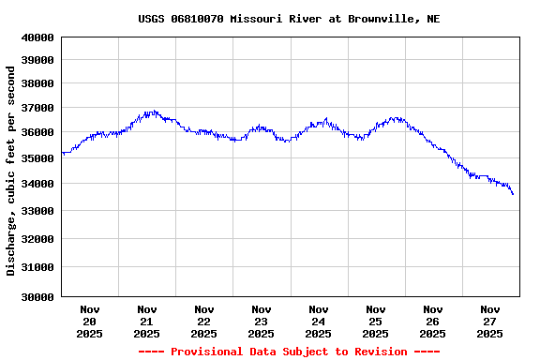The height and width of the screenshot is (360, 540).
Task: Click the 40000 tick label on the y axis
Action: tap(37, 37)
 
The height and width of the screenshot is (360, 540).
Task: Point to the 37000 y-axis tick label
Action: tap(37, 108)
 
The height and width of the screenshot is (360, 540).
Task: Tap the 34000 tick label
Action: tap(37, 184)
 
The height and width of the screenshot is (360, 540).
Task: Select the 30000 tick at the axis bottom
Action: tap(37, 297)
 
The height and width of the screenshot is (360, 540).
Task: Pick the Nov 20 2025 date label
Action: tap(90, 321)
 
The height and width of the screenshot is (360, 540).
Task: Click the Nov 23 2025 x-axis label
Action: tap(262, 321)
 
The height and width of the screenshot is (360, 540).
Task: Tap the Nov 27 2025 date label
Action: tap(489, 321)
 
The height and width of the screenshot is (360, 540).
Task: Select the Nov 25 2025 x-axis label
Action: tap(375, 321)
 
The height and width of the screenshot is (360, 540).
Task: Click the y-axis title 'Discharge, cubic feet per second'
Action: tap(11, 171)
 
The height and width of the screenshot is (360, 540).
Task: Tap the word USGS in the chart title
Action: tap(152, 19)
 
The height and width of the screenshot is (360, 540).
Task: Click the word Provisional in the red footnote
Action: tap(203, 352)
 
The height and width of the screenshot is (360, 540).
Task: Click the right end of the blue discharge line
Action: tap(513, 194)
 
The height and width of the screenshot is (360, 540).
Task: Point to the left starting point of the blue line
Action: tap(62, 152)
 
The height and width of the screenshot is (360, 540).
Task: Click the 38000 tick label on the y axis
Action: tap(37, 82)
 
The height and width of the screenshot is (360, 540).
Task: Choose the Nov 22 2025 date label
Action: tap(204, 321)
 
